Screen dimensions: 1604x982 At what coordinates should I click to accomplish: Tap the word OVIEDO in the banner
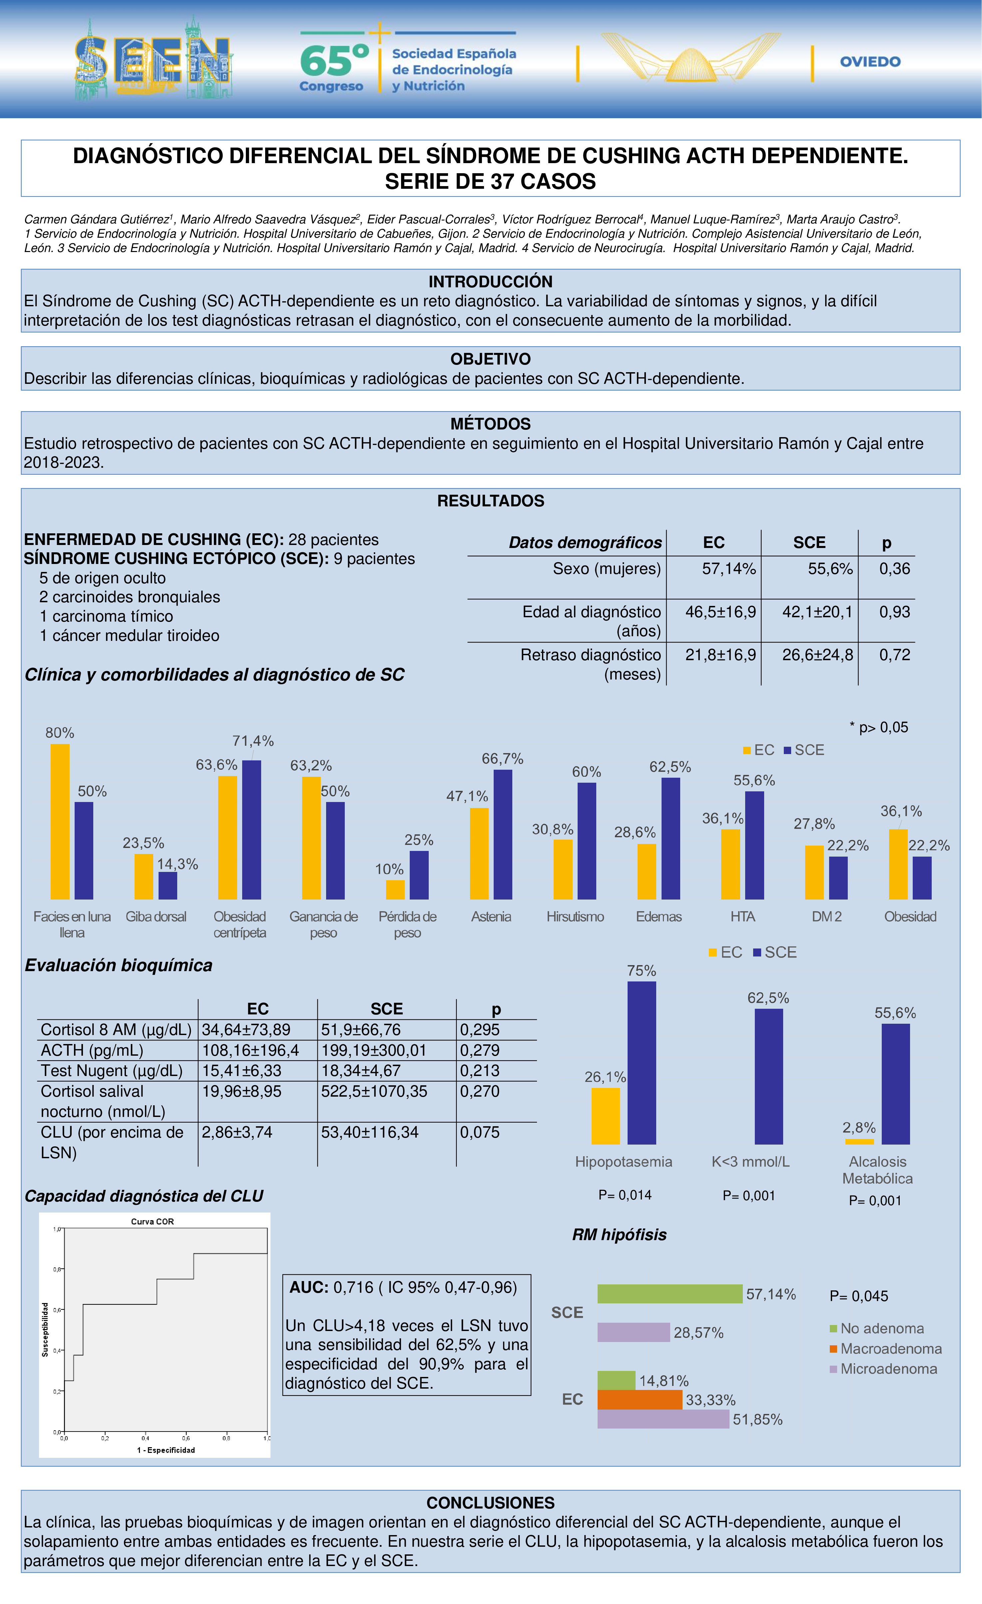870,62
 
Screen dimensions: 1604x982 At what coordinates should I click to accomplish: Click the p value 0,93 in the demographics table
894,612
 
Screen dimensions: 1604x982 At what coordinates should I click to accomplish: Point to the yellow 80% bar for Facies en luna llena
60,822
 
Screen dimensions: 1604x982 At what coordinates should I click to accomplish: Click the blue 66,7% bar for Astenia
503,835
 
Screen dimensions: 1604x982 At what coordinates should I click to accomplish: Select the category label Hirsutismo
575,917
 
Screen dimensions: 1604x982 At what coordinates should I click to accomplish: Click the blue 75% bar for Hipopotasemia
642,1062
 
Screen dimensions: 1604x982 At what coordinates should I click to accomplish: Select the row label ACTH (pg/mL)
92,1050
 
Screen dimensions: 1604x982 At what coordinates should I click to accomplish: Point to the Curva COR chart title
152,1221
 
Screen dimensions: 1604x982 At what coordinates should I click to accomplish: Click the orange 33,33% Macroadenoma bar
640,1400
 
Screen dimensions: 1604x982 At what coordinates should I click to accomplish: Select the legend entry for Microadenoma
888,1369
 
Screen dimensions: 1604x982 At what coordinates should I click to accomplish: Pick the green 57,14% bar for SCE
670,1293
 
